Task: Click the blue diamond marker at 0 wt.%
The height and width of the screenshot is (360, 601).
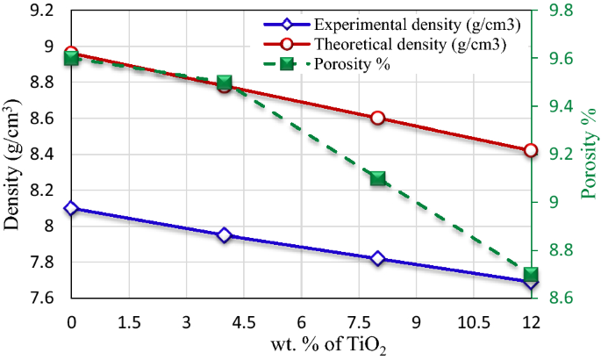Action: point(71,208)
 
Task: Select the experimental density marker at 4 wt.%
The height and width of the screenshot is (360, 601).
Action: point(225,235)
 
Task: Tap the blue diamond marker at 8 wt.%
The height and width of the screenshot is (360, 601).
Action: point(378,258)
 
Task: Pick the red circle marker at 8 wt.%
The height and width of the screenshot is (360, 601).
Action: point(378,118)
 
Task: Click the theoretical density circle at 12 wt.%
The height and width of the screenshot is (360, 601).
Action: point(531,150)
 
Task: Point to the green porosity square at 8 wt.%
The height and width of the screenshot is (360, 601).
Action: point(378,178)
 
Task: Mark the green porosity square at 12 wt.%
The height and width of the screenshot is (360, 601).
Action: point(531,274)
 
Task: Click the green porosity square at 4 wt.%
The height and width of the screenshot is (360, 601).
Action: point(225,83)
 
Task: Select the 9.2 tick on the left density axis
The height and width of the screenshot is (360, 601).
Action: point(40,11)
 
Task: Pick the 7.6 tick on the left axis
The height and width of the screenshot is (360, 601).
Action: point(40,299)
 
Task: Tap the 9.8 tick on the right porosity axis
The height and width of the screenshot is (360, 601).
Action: point(561,11)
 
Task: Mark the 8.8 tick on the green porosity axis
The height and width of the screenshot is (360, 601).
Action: point(561,250)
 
